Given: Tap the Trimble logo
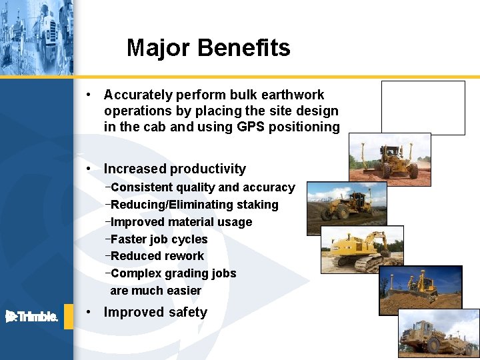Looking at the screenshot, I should click(x=32, y=316).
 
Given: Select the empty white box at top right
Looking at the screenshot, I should click(x=423, y=107).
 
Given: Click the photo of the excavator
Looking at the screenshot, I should click(x=361, y=249).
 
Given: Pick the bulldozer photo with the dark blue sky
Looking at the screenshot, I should click(x=420, y=290).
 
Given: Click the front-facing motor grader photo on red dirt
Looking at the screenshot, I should click(x=390, y=159).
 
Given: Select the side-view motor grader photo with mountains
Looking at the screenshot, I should click(x=346, y=207).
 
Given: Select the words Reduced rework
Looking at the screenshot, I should click(x=157, y=256).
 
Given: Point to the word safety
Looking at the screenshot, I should click(x=189, y=312).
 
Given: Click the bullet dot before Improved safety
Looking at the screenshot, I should click(x=89, y=312).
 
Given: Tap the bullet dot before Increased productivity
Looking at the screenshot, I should click(x=89, y=169).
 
